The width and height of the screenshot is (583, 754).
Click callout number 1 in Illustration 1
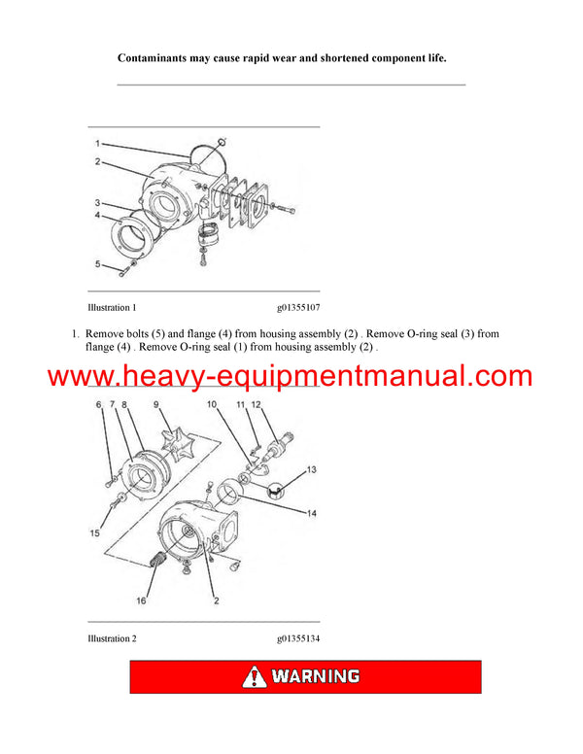click(97, 144)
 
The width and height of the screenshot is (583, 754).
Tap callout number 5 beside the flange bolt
click(97, 263)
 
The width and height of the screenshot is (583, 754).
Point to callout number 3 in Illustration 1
click(97, 203)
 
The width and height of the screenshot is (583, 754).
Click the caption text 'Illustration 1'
click(112, 308)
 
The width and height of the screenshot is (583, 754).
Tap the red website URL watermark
click(291, 377)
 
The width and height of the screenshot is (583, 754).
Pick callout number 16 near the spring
click(142, 601)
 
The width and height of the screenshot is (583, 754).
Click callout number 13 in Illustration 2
click(311, 469)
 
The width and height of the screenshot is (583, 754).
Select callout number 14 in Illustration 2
click(311, 512)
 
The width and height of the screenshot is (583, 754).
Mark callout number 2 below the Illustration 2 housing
click(216, 601)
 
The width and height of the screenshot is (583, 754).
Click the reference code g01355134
click(299, 638)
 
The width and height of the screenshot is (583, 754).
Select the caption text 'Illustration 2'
click(112, 638)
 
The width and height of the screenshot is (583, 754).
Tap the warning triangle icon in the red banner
click(255, 676)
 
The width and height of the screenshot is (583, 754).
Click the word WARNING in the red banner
click(316, 676)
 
